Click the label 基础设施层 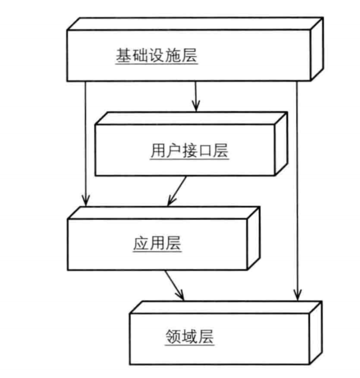click(156, 57)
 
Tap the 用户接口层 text click(189, 151)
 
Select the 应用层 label click(156, 243)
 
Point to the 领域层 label click(190, 338)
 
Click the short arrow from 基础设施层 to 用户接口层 click(195, 95)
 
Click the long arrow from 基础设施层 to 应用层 click(86, 143)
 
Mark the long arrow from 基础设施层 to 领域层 click(297, 190)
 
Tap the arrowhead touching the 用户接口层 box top click(195, 107)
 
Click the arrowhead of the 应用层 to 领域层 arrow click(180, 295)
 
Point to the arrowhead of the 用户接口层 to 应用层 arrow click(170, 201)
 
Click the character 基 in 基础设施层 click(123, 57)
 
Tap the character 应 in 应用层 click(140, 243)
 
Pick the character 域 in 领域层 click(190, 338)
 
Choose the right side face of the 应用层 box click(253, 238)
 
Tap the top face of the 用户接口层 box click(190, 118)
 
